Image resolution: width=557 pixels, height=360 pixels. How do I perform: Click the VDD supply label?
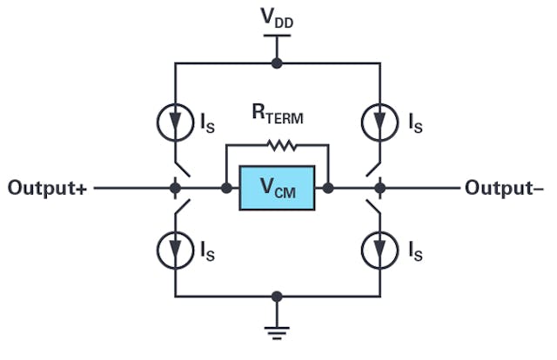(277, 18)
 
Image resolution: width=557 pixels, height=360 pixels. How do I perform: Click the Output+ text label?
(46, 188)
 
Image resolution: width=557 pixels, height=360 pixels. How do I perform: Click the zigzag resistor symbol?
(277, 144)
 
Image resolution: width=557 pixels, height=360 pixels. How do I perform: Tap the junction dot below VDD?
(277, 63)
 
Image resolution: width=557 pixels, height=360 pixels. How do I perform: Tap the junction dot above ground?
(277, 297)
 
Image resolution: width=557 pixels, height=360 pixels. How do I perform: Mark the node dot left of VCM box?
(226, 188)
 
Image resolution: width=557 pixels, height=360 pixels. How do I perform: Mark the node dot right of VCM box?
(329, 188)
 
